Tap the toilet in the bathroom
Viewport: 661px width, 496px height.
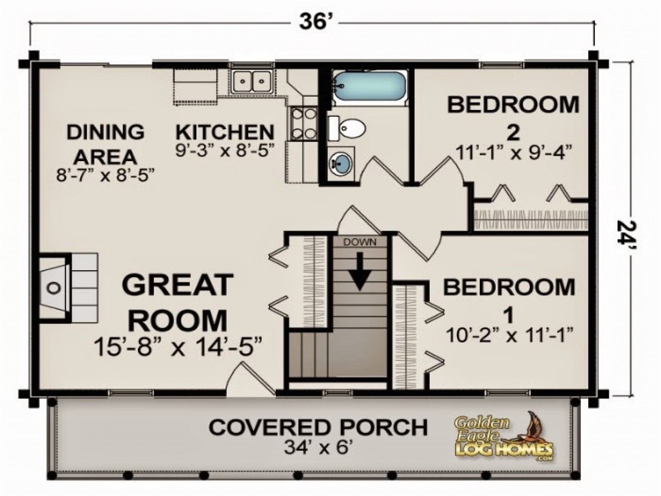point(348,128)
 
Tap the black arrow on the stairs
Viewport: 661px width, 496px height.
point(360,270)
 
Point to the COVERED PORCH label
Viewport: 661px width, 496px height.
point(318,427)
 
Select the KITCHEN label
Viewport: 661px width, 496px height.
point(225,132)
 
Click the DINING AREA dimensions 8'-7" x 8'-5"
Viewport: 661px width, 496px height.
point(106,175)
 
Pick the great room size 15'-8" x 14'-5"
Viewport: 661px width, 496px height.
point(178,347)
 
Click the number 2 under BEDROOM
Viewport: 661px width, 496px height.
point(512,133)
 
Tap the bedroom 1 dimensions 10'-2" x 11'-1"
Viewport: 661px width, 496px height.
point(510,335)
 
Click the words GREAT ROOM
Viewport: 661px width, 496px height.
point(177,302)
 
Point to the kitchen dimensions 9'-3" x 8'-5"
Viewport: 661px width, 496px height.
point(224,150)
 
